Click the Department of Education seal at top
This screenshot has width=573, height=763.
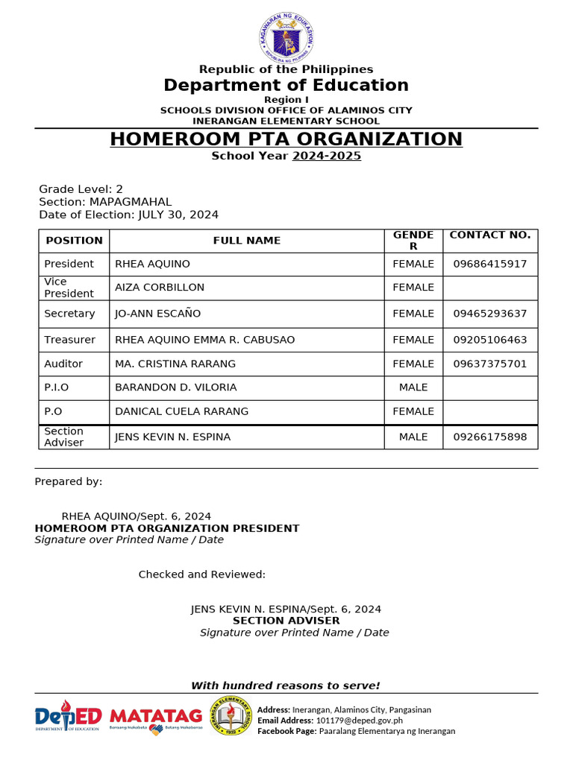(287, 37)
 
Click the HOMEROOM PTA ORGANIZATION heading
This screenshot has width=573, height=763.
(286, 139)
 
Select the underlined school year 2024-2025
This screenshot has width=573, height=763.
(326, 156)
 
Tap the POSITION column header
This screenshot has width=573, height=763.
(74, 240)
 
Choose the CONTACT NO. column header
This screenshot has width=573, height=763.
(490, 235)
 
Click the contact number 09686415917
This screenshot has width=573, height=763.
(490, 264)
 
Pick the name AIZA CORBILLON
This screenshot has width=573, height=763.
(160, 288)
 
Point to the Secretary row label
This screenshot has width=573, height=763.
(69, 314)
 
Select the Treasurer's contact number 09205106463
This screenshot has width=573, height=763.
(490, 340)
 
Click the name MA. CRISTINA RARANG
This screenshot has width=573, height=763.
(175, 364)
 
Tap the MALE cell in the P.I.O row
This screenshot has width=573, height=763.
(413, 387)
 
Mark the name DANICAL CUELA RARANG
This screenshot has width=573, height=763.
(181, 411)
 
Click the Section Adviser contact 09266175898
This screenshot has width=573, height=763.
(490, 437)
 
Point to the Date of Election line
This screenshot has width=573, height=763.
(128, 215)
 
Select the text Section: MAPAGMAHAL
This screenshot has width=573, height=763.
(105, 202)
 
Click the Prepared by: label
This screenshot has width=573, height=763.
(69, 481)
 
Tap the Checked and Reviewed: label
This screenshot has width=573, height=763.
(202, 574)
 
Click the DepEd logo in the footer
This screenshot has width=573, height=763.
(67, 716)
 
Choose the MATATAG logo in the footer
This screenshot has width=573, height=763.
(156, 718)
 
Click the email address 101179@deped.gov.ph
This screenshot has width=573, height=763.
(360, 721)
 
